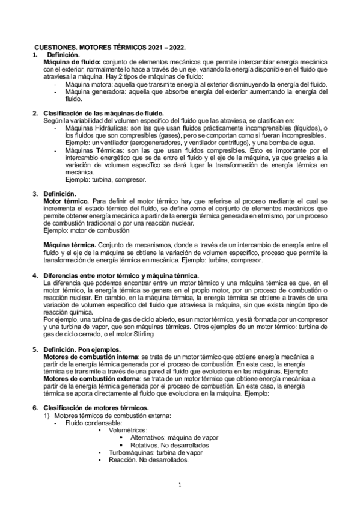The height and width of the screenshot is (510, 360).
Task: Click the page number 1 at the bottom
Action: tap(180, 485)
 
